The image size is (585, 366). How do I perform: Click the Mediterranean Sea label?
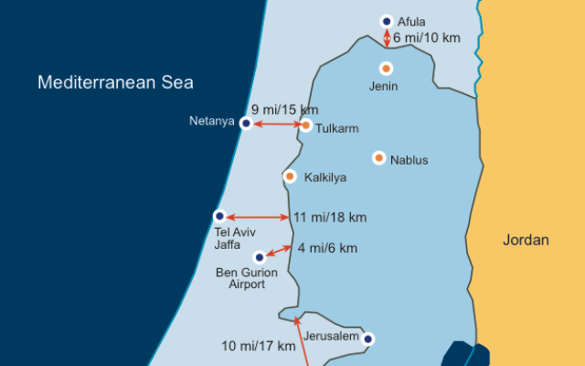click(115, 82)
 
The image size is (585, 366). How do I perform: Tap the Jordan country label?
click(526, 241)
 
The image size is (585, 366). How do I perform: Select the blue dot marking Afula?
click(387, 21)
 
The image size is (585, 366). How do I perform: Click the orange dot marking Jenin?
click(387, 68)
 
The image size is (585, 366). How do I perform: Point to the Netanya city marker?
click(245, 123)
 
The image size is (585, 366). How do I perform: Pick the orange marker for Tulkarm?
click(305, 125)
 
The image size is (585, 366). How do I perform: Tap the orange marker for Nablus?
click(378, 157)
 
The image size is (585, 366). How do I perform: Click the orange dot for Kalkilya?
click(290, 176)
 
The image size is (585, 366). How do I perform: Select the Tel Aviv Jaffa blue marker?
click(219, 216)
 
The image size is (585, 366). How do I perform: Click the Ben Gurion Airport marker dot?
click(260, 257)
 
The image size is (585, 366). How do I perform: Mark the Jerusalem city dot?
click(367, 339)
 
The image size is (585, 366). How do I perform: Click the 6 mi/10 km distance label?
click(428, 39)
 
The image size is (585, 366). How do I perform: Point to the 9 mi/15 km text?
click(286, 109)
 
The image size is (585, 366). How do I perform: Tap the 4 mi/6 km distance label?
click(326, 248)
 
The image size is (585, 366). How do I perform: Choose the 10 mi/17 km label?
click(259, 346)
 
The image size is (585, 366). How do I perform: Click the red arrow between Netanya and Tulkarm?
click(275, 124)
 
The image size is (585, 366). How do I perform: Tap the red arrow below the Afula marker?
click(387, 38)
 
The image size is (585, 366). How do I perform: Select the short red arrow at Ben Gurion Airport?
click(277, 250)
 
